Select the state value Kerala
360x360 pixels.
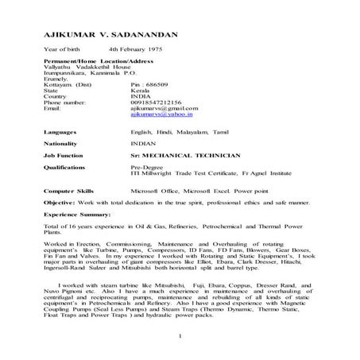tap(138, 112)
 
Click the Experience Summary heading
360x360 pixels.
tap(79, 238)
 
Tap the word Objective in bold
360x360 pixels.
tap(59, 226)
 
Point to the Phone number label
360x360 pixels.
tap(64, 124)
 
